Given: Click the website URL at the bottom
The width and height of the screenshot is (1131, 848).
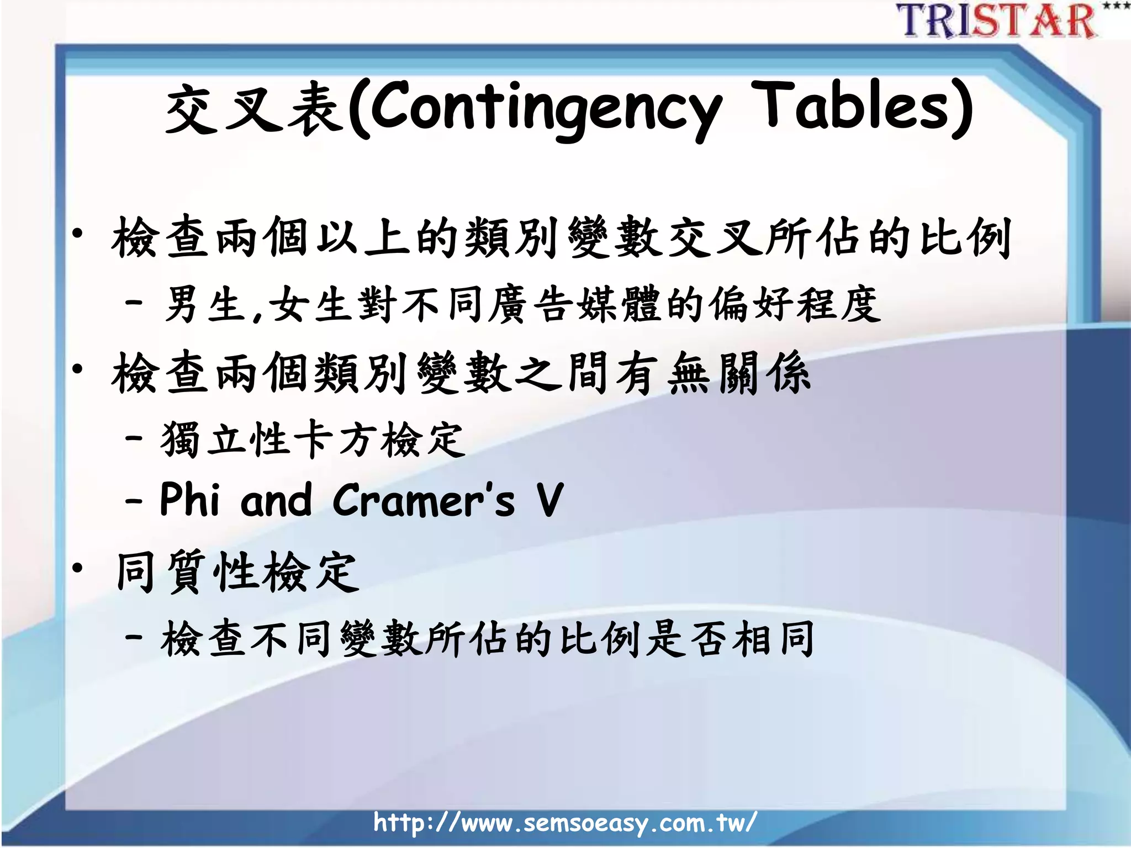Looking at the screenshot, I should [x=564, y=823].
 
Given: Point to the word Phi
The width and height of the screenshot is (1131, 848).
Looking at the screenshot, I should [x=190, y=500].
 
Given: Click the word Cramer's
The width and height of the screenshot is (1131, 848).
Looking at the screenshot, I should [x=423, y=500].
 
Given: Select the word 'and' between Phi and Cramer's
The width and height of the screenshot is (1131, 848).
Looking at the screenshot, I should [x=276, y=500].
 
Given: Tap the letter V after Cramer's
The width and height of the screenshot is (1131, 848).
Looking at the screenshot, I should [x=549, y=500].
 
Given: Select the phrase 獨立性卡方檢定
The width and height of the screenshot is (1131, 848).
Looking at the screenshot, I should [x=313, y=440].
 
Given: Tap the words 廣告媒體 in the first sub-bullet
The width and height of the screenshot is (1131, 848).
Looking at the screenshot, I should [x=574, y=305].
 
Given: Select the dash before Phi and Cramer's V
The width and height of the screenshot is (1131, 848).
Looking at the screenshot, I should [x=134, y=501].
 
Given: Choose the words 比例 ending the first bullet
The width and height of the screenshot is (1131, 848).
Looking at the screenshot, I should [x=964, y=238].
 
